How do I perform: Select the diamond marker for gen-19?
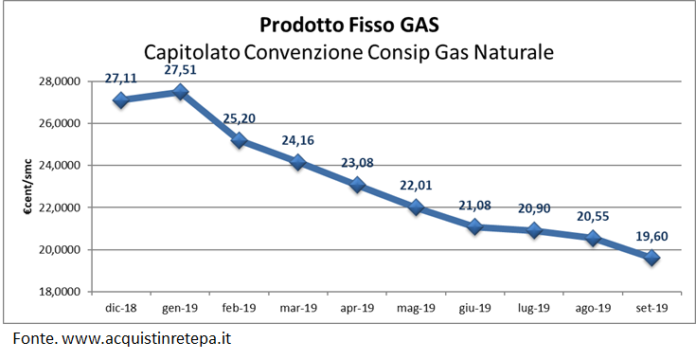pyautogui.click(x=180, y=92)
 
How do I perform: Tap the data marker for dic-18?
pyautogui.click(x=120, y=99)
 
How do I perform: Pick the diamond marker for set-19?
pyautogui.click(x=653, y=258)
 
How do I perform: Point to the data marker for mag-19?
pyautogui.click(x=417, y=207)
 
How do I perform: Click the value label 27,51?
pyautogui.click(x=180, y=70)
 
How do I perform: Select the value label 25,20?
pyautogui.click(x=240, y=118)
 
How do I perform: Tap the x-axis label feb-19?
pyautogui.click(x=240, y=309)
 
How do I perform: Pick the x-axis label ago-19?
pyautogui.click(x=595, y=309)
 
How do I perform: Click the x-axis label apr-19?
pyautogui.click(x=358, y=309)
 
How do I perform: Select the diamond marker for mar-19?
pyautogui.click(x=298, y=162)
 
